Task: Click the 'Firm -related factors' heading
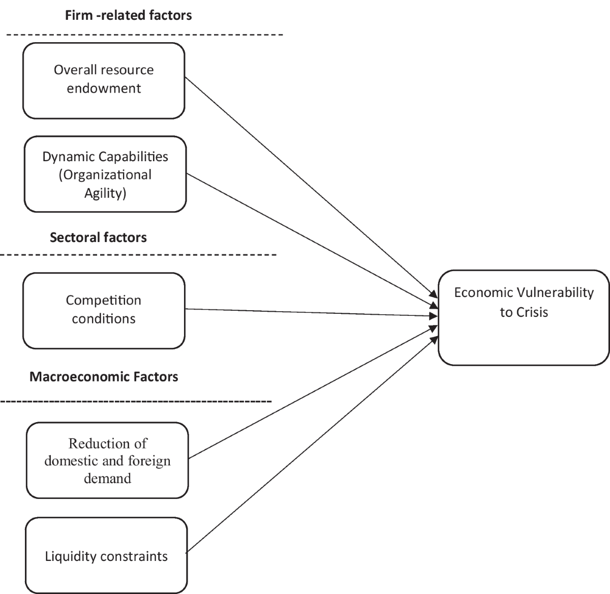pyautogui.click(x=128, y=15)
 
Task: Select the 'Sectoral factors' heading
pyautogui.click(x=98, y=237)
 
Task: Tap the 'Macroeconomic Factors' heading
pyautogui.click(x=104, y=377)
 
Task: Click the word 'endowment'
pyautogui.click(x=104, y=88)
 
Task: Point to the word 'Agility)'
pyautogui.click(x=105, y=193)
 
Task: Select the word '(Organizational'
pyautogui.click(x=105, y=175)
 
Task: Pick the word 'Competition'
pyautogui.click(x=104, y=300)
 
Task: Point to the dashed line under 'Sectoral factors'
pyautogui.click(x=137, y=254)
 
